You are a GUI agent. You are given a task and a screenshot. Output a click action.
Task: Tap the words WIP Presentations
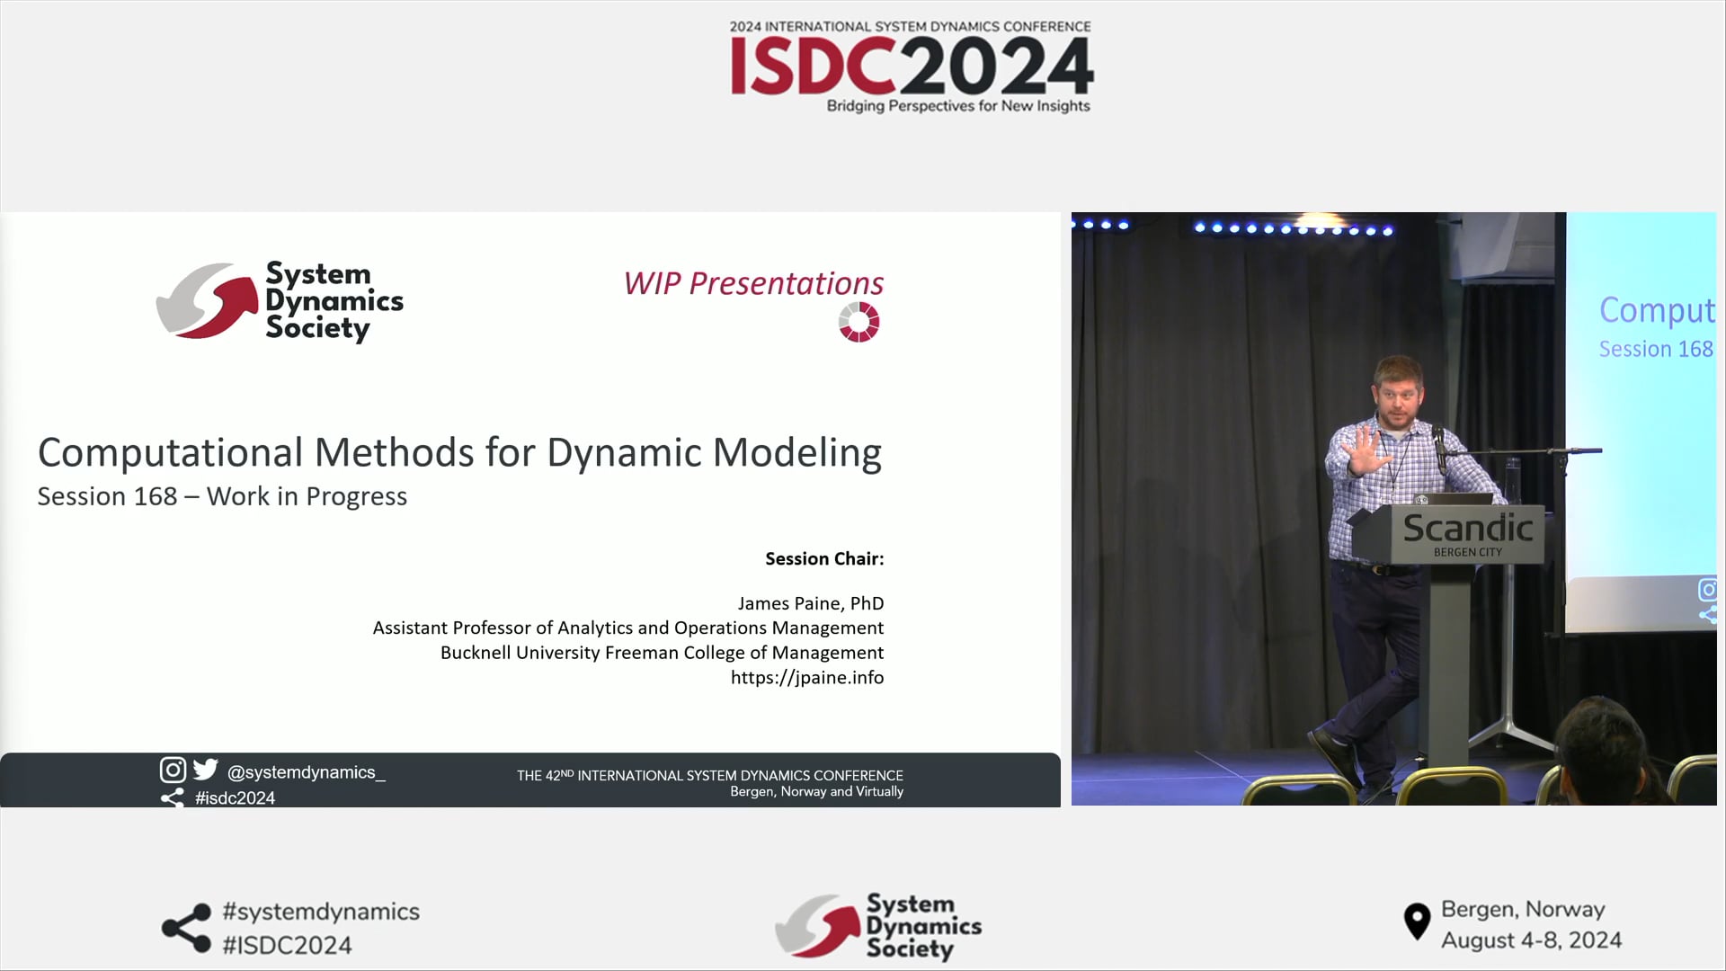pyautogui.click(x=753, y=283)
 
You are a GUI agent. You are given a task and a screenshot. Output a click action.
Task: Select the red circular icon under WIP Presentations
pyautogui.click(x=859, y=322)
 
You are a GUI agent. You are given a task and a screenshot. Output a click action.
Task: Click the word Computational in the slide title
pyautogui.click(x=170, y=452)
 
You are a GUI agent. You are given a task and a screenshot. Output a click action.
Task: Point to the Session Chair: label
pyautogui.click(x=824, y=558)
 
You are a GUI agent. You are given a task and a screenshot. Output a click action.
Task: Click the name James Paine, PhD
pyautogui.click(x=810, y=603)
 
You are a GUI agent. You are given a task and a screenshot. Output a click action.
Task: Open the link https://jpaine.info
pyautogui.click(x=806, y=677)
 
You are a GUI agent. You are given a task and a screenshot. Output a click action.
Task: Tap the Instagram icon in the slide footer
pyautogui.click(x=173, y=770)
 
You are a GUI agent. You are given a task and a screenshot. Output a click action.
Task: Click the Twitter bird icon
pyautogui.click(x=206, y=770)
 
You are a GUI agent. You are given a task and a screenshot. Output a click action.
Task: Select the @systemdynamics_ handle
pyautogui.click(x=306, y=772)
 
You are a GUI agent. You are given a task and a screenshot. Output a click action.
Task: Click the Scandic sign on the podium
pyautogui.click(x=1467, y=530)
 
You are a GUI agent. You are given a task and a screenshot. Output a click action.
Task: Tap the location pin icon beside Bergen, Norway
pyautogui.click(x=1417, y=922)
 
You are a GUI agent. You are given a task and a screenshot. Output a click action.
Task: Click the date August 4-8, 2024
pyautogui.click(x=1531, y=940)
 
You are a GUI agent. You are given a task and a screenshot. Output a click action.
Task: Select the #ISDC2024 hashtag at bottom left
pyautogui.click(x=287, y=945)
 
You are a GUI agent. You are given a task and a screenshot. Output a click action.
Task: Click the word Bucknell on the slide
pyautogui.click(x=475, y=653)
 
